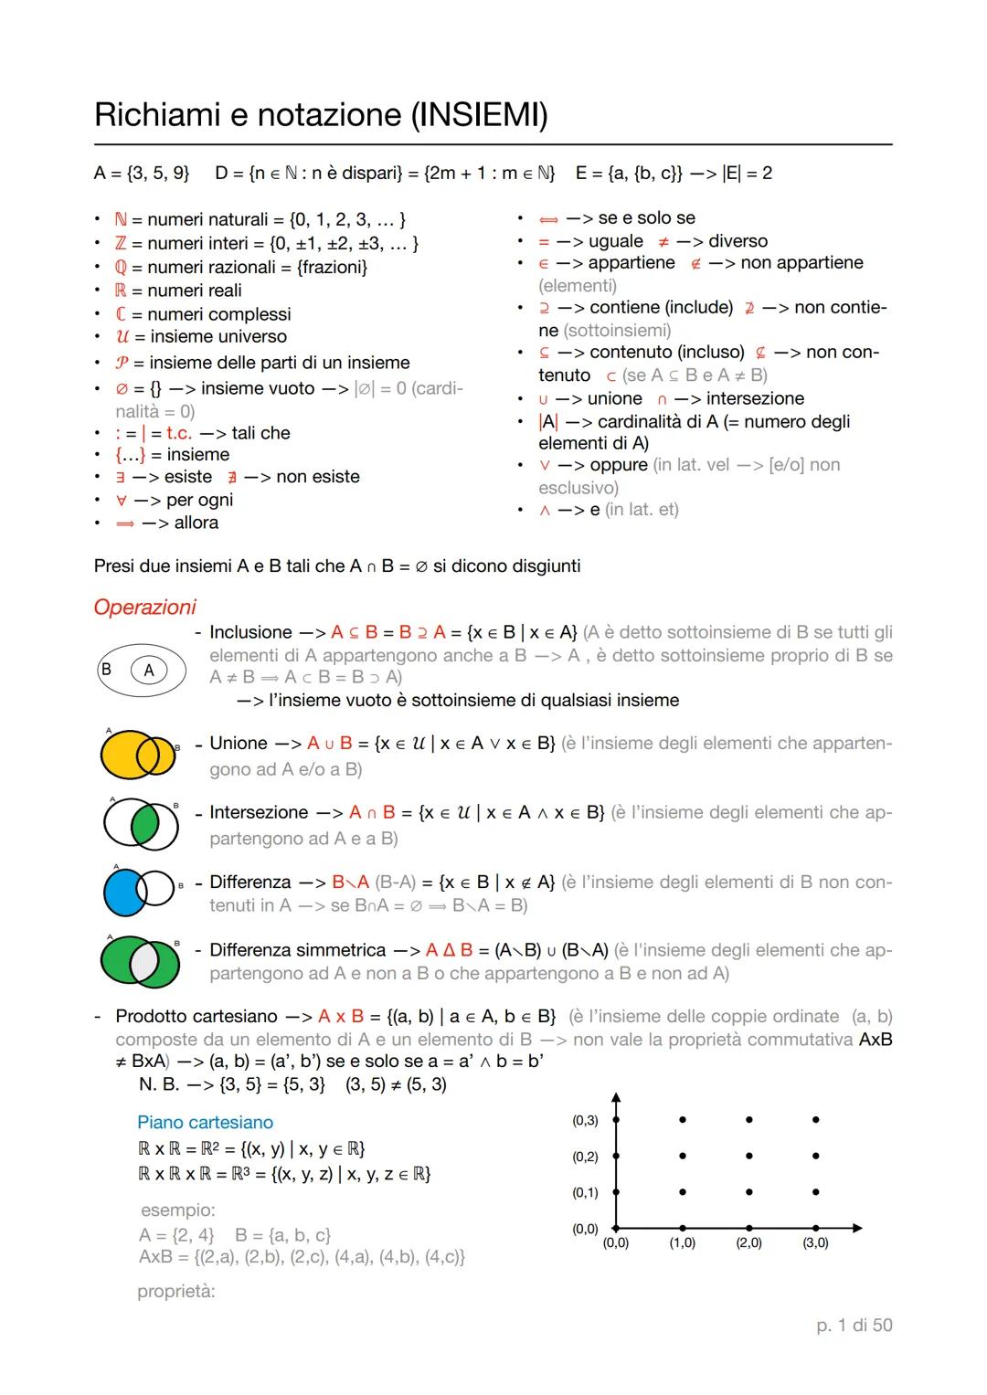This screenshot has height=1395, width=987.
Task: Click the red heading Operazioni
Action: pyautogui.click(x=144, y=608)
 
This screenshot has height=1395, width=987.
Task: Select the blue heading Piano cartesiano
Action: pyautogui.click(x=205, y=1122)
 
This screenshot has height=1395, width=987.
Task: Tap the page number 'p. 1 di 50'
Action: pyautogui.click(x=854, y=1325)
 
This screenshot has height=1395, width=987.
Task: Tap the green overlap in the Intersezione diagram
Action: pyautogui.click(x=144, y=824)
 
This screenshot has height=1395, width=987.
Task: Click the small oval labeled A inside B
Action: pyautogui.click(x=149, y=671)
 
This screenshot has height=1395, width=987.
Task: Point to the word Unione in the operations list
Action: pyautogui.click(x=239, y=744)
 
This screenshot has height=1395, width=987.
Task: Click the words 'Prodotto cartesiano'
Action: pyautogui.click(x=196, y=1017)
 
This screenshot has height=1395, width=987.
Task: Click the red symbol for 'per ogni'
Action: pyautogui.click(x=120, y=501)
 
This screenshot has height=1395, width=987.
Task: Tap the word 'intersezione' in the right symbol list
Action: pyautogui.click(x=755, y=398)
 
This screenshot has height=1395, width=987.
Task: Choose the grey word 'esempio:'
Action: pyautogui.click(x=178, y=1210)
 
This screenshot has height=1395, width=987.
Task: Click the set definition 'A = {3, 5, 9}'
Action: pyautogui.click(x=142, y=173)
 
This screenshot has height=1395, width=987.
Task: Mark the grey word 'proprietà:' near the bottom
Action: pyautogui.click(x=176, y=1291)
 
